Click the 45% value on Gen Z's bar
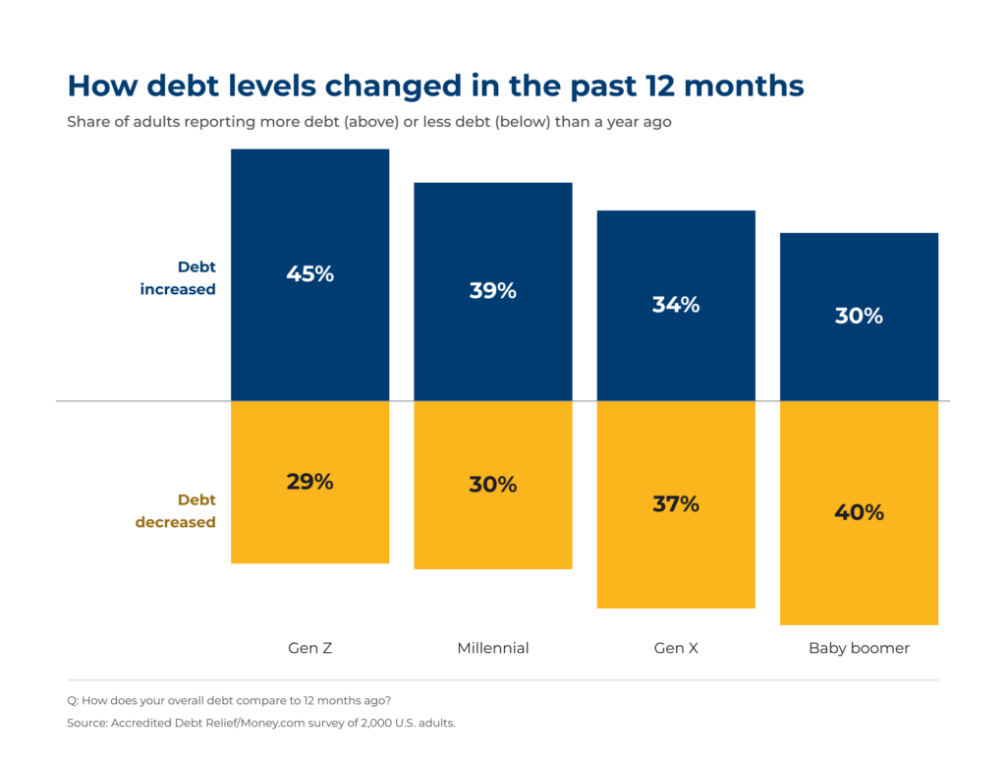pos(309,274)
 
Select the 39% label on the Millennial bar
pos(493,291)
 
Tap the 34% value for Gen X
pos(676,304)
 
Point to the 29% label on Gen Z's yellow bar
pos(309,482)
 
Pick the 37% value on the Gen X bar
pos(676,504)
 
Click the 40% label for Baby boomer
pos(859,512)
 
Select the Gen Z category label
pos(309,648)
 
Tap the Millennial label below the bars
pos(493,648)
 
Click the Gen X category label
pos(676,648)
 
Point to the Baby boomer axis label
pos(859,648)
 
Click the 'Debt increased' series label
pos(178,278)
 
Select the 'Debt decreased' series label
pos(175,511)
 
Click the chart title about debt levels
pos(435,86)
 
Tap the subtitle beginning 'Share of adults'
pos(369,122)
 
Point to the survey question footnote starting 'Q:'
pos(228,700)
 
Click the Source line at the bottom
pos(261,723)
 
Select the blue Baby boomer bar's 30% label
pos(859,316)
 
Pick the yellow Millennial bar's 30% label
pos(493,484)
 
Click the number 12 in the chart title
pos(660,86)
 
